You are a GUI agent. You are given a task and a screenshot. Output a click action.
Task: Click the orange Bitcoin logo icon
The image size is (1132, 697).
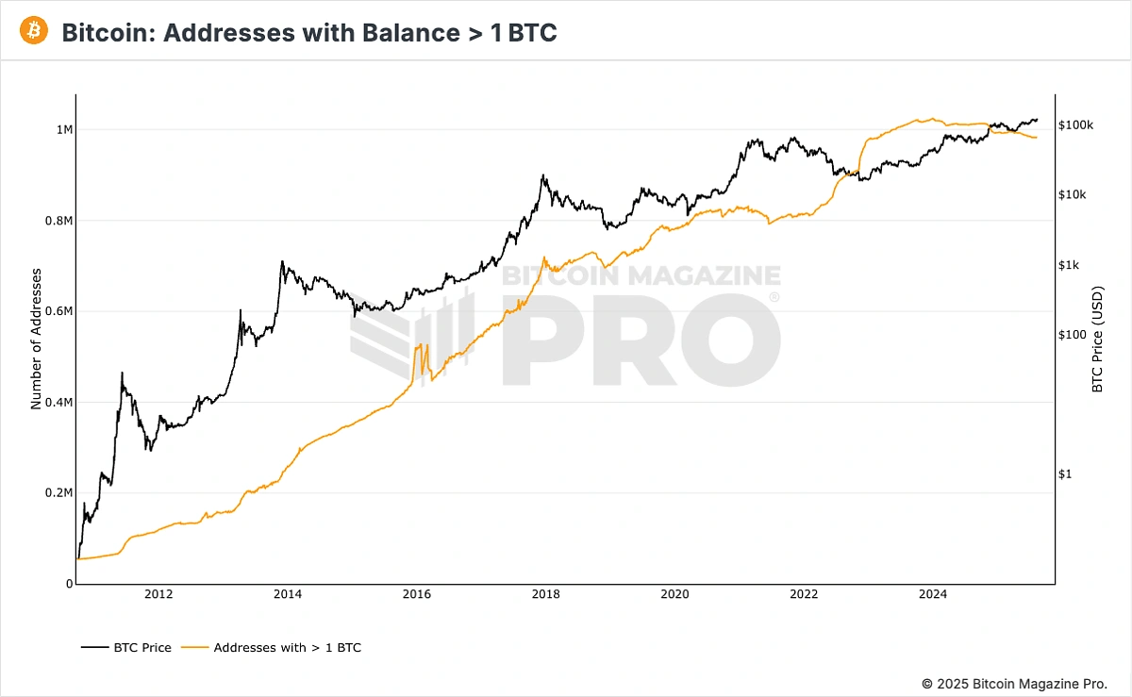point(33,31)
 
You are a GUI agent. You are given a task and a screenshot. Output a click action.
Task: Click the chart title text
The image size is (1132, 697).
point(309,33)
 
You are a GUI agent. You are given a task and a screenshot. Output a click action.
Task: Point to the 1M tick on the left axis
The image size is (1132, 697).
point(64,129)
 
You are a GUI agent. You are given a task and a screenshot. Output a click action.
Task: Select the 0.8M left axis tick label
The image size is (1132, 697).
point(58,221)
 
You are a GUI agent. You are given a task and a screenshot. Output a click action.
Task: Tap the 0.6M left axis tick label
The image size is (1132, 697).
point(58,311)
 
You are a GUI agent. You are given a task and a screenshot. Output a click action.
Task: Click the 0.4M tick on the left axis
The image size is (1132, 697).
point(58,403)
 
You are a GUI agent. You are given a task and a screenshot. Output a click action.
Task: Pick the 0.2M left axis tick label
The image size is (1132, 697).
point(58,493)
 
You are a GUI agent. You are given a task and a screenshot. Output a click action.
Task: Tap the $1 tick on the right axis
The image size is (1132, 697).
point(1067,474)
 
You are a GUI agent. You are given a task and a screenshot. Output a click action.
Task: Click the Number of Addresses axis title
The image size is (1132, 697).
point(37,339)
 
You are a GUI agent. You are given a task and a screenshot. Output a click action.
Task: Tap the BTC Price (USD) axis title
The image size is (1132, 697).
point(1097,339)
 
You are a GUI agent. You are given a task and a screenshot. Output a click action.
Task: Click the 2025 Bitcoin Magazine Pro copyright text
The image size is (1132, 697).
point(1014,683)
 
